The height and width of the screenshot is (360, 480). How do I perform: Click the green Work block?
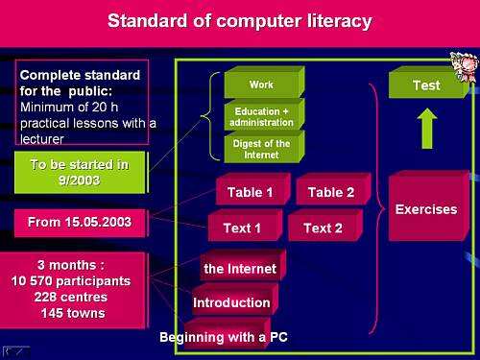coord(264,83)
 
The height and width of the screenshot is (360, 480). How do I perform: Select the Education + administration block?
coord(264,115)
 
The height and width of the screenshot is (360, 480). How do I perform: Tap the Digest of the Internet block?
coord(264,148)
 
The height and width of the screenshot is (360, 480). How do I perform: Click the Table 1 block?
coord(252,189)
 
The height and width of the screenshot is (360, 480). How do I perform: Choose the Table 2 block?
coord(333,189)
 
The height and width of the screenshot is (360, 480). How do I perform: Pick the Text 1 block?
coord(245,226)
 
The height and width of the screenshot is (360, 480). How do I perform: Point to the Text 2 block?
coord(325,226)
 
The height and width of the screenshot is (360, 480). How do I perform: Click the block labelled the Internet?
coord(243,266)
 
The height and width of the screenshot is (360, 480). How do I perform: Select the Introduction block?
coord(235,300)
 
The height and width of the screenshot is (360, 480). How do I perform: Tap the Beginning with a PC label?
coord(224,337)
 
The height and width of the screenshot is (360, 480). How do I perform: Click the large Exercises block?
coord(429,206)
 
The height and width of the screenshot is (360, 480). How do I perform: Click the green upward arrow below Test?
coord(427,129)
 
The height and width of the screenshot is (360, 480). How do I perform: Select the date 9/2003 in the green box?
coord(79,180)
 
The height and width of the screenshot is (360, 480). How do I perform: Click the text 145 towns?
coord(73,313)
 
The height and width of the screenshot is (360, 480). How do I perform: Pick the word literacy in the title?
coord(340,22)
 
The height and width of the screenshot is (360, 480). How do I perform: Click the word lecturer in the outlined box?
coord(42,139)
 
